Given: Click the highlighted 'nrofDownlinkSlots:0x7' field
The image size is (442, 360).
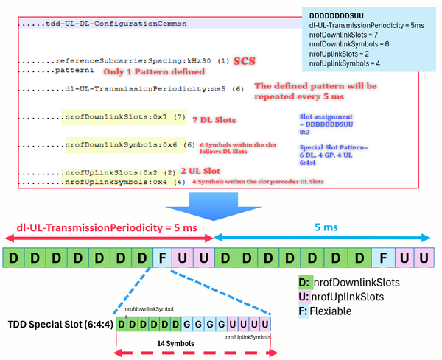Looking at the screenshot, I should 111,118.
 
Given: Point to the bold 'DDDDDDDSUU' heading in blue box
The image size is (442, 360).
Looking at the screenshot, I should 336,15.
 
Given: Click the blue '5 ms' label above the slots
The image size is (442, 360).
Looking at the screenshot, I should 321,228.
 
